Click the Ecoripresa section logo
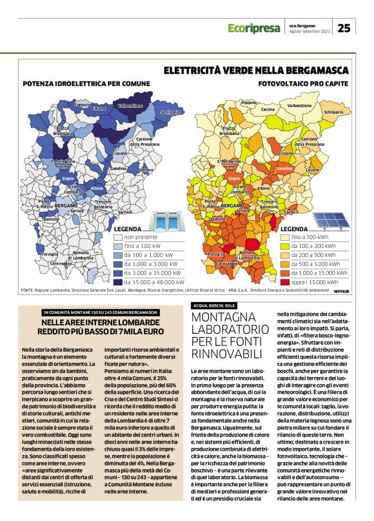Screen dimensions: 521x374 pos(254,28)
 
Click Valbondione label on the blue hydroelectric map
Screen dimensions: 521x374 pos(130,105)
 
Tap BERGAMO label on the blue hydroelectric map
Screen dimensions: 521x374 pos(66,205)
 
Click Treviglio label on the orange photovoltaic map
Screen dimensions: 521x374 pos(215,254)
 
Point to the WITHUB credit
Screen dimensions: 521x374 pos(341,292)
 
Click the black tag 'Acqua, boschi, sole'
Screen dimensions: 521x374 pos(215,305)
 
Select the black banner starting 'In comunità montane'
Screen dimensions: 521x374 pos(101,312)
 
